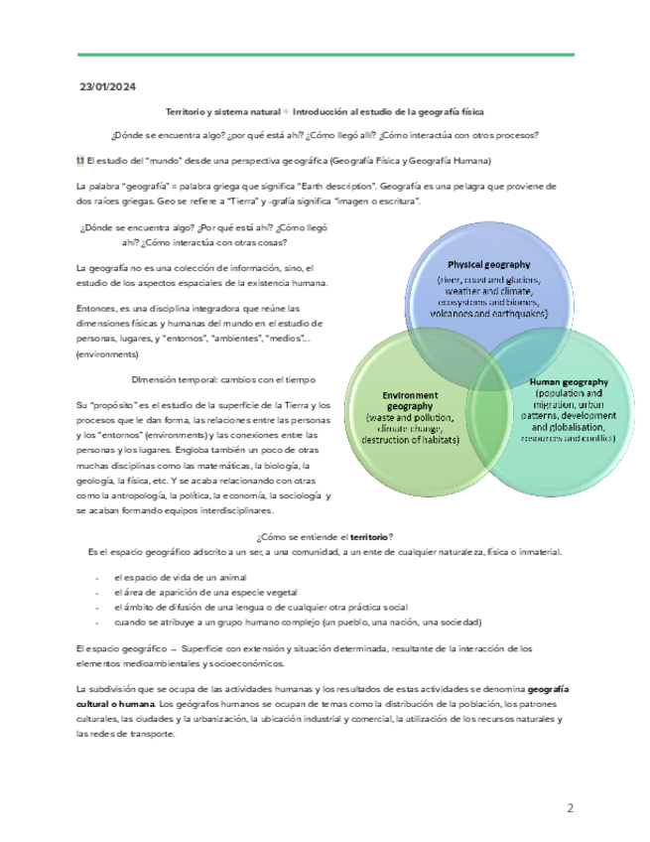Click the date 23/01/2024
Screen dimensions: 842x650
(107, 87)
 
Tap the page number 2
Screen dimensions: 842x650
(571, 807)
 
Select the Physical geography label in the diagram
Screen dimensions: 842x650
(488, 265)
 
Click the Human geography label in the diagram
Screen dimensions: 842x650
(569, 381)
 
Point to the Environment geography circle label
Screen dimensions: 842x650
(394, 400)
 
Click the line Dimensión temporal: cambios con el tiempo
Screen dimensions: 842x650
(222, 379)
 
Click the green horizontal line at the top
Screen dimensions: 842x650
(325, 55)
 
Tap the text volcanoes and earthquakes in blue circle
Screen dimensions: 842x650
(488, 314)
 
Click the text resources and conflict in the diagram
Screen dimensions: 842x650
(568, 438)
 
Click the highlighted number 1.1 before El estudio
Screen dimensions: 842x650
(80, 160)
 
